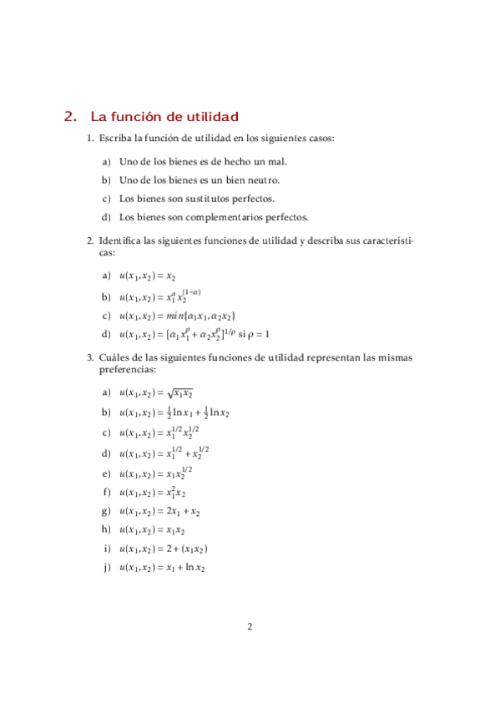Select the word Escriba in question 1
pyautogui.click(x=116, y=138)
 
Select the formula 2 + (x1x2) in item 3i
pyautogui.click(x=187, y=549)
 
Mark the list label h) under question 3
pyautogui.click(x=106, y=530)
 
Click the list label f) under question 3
pyautogui.click(x=106, y=493)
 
